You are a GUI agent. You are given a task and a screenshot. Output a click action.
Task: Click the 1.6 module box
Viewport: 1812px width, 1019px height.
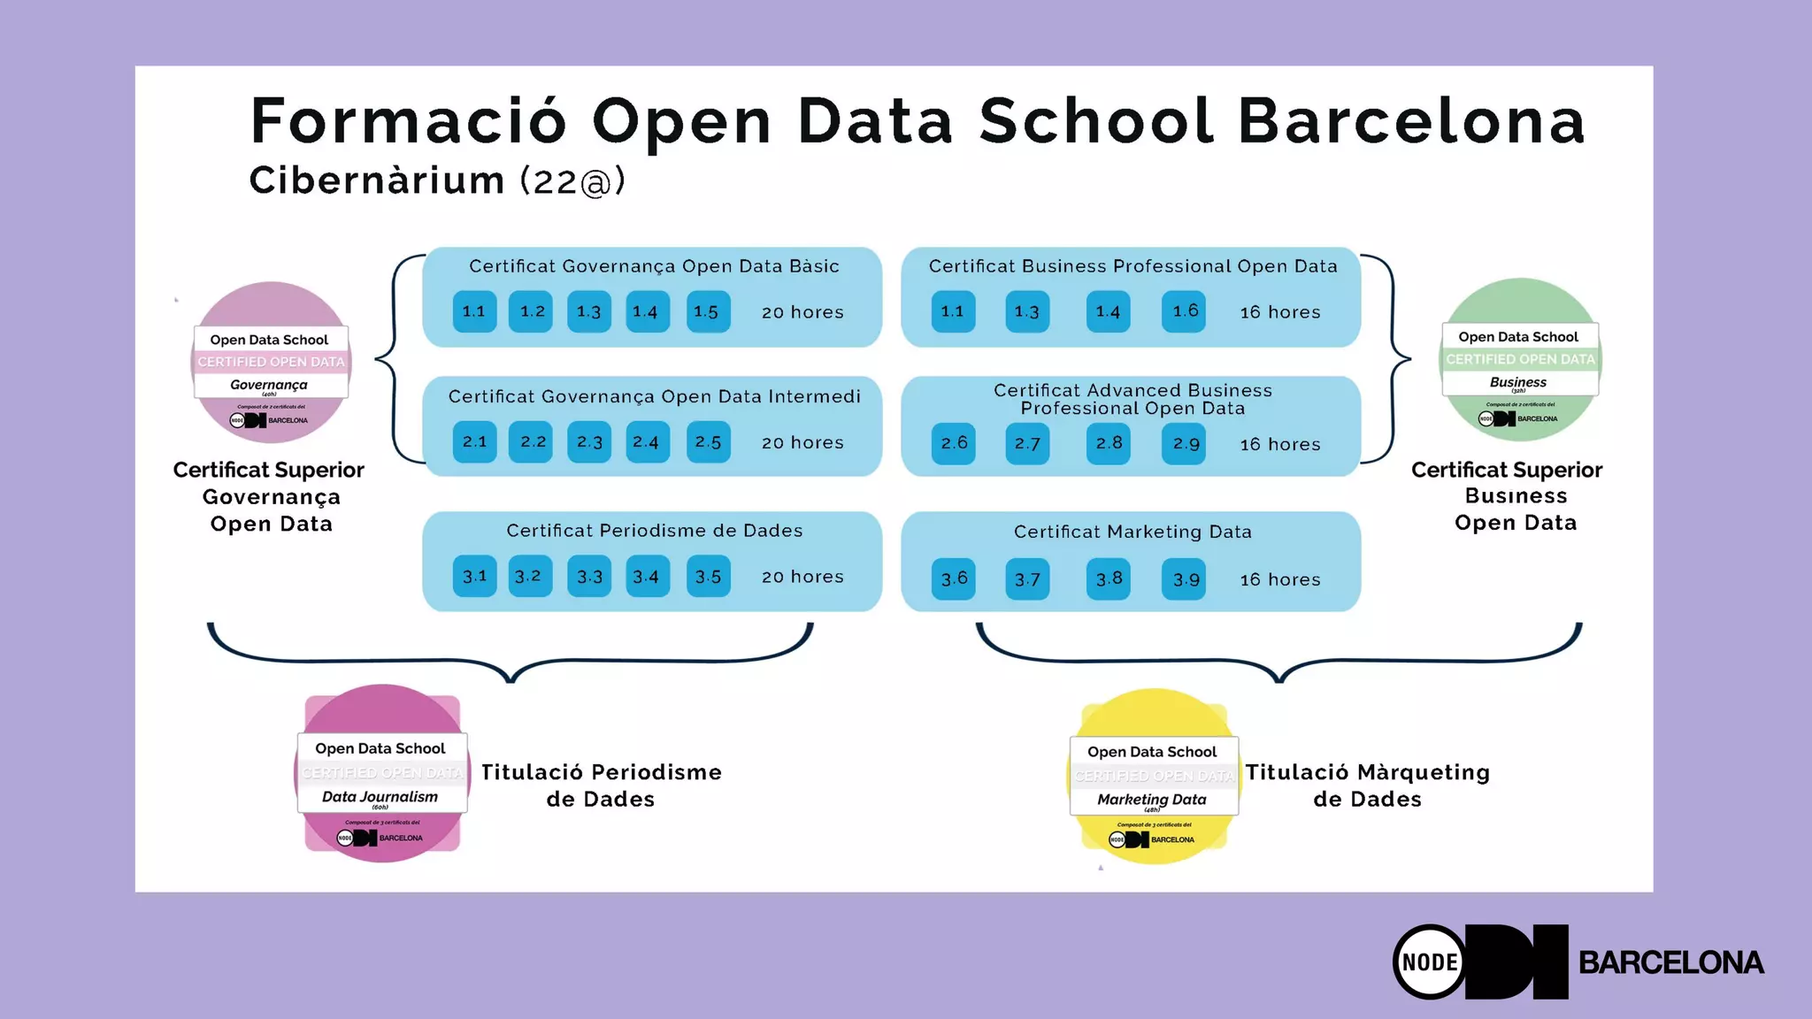coord(1184,311)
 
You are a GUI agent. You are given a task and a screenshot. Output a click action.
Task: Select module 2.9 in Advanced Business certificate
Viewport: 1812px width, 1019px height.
coord(1184,443)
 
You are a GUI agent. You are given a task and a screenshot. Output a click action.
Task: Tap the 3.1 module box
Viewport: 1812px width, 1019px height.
coord(474,576)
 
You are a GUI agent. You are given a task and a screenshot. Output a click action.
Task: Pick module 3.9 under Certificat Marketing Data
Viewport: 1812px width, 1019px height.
coord(1184,579)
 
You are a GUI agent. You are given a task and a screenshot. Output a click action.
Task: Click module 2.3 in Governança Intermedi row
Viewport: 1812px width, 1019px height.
coord(589,442)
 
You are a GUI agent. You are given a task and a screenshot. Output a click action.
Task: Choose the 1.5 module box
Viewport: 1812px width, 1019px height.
coord(708,311)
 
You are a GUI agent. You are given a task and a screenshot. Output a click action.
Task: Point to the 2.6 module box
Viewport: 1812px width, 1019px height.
coord(953,443)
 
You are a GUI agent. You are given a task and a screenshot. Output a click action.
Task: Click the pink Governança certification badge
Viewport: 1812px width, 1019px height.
coord(271,362)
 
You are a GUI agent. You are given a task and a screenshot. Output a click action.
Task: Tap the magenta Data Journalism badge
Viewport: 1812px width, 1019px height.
coord(381,772)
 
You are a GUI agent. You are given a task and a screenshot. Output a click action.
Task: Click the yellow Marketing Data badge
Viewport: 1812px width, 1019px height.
coord(1153,776)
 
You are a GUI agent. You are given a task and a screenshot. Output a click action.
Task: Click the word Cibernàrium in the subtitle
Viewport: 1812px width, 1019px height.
coord(377,180)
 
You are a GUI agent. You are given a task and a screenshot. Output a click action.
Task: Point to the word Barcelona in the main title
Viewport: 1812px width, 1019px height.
coord(1410,121)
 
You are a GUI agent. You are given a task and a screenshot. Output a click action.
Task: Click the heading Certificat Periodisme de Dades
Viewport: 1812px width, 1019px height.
coord(654,531)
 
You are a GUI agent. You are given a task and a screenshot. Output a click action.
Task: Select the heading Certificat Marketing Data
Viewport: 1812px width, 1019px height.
coord(1132,532)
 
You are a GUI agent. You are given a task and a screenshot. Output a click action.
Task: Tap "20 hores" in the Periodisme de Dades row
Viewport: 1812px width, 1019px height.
coord(802,577)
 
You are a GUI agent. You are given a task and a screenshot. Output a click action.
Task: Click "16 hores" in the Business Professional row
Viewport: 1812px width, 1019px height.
coord(1279,312)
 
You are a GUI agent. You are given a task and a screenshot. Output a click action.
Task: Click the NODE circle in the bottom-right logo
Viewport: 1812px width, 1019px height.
coord(1430,962)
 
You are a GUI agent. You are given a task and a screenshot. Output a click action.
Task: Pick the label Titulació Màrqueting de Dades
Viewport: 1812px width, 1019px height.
coord(1367,785)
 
